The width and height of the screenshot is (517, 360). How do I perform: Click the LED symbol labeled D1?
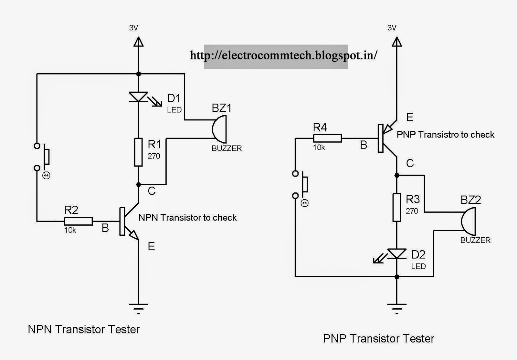point(138,97)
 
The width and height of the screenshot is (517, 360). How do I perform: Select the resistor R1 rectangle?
point(138,152)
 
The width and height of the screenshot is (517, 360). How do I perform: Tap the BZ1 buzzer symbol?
point(219,129)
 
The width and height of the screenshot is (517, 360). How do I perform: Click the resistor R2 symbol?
point(78,221)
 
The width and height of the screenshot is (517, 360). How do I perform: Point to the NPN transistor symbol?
point(128,221)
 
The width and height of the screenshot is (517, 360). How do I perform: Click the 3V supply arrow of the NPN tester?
point(138,42)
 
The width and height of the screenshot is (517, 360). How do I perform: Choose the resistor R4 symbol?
point(327,139)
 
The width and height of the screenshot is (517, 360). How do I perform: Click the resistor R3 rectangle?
point(397,208)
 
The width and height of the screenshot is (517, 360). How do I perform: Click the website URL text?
point(283,56)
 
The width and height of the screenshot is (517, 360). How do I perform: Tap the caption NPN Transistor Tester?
point(84,329)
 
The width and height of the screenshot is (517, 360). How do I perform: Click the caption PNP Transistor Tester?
point(378,339)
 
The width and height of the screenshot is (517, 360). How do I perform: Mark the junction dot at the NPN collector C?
point(138,185)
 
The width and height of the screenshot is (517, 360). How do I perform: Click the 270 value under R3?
point(412,211)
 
